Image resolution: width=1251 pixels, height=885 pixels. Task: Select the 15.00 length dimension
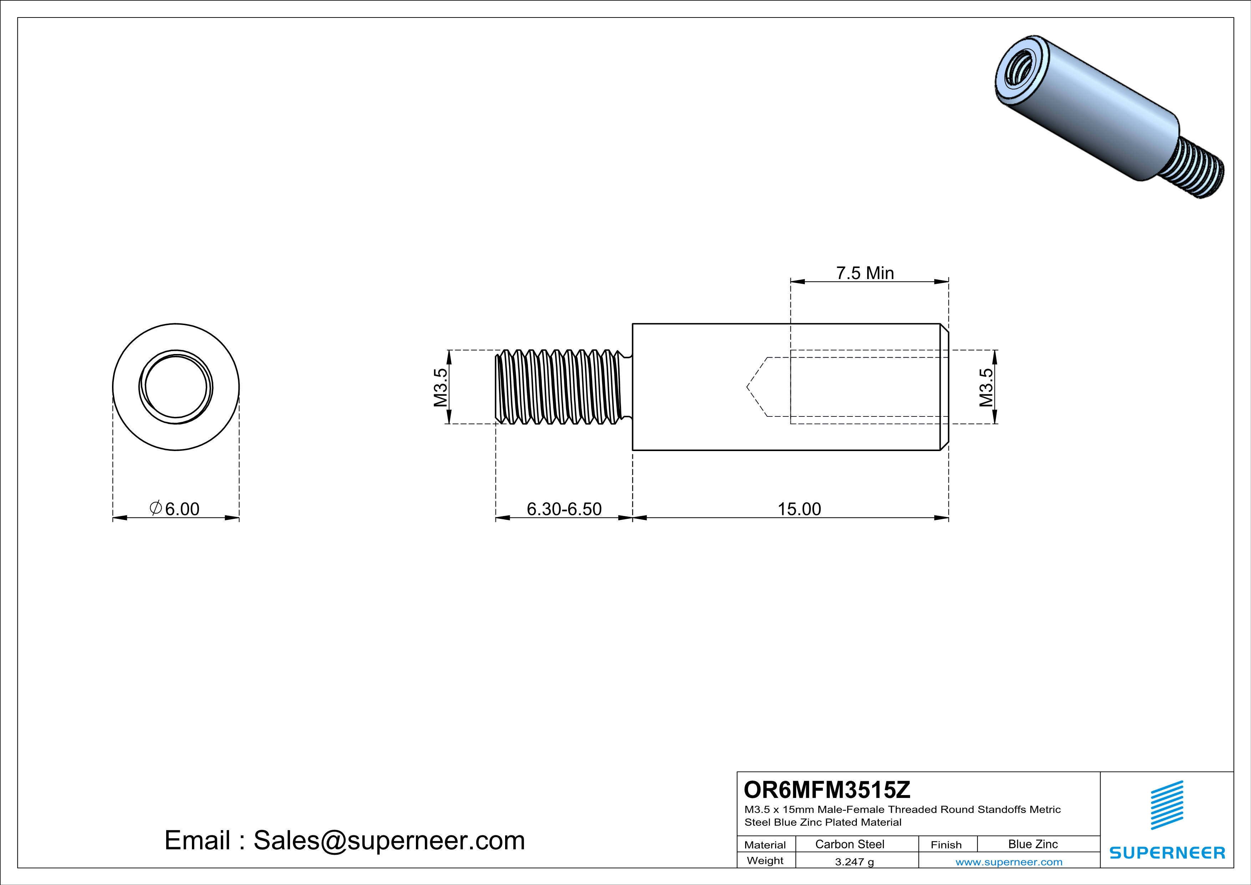pos(799,509)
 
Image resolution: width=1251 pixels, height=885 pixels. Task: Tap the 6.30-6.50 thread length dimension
pos(564,509)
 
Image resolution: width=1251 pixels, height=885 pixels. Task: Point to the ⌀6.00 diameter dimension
pos(174,509)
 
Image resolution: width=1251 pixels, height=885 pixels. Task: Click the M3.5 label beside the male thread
pos(440,388)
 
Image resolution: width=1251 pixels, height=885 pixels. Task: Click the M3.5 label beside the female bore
pos(986,388)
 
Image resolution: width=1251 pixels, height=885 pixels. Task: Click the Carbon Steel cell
pos(849,844)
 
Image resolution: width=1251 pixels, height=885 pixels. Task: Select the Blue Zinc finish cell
pos(1032,844)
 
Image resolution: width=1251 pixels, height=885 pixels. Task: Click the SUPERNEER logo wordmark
pos(1167,853)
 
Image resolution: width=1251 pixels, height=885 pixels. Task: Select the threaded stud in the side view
pos(559,387)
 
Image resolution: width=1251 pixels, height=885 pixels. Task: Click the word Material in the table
pos(765,845)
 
